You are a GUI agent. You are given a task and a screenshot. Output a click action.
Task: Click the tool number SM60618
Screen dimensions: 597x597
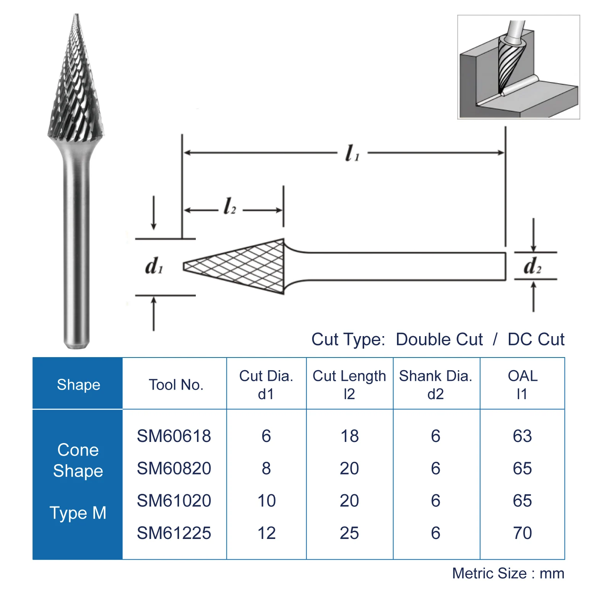point(174,436)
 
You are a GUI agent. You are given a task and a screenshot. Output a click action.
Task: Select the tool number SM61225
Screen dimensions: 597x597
point(174,533)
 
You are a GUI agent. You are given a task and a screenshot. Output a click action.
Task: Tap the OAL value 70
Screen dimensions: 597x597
point(522,533)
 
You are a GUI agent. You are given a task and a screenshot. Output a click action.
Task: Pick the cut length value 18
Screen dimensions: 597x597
point(349,436)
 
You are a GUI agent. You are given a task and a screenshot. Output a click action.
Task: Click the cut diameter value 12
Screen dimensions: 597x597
point(266,533)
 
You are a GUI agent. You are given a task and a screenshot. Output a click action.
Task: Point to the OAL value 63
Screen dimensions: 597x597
point(522,436)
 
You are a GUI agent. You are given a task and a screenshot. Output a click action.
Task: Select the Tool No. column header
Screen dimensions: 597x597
point(176,385)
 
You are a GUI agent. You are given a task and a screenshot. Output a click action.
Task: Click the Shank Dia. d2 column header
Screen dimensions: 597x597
point(436,385)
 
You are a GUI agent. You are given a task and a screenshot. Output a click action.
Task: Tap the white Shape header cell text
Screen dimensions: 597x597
point(78,385)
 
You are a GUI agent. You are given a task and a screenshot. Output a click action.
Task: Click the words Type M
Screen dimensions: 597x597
point(78,513)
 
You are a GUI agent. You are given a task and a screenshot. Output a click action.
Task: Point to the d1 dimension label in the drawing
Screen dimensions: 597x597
point(154,266)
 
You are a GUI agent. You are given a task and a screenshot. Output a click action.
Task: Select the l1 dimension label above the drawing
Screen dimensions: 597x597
point(352,153)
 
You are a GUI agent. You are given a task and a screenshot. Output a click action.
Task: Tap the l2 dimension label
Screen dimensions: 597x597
point(229,206)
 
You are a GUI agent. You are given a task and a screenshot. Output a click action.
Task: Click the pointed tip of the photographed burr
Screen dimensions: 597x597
point(76,16)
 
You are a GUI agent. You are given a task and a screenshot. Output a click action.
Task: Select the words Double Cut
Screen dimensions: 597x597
point(439,339)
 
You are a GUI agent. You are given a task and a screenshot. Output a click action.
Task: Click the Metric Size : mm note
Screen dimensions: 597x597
point(508,573)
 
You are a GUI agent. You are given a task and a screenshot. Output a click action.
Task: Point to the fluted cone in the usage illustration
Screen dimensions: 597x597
point(510,63)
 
